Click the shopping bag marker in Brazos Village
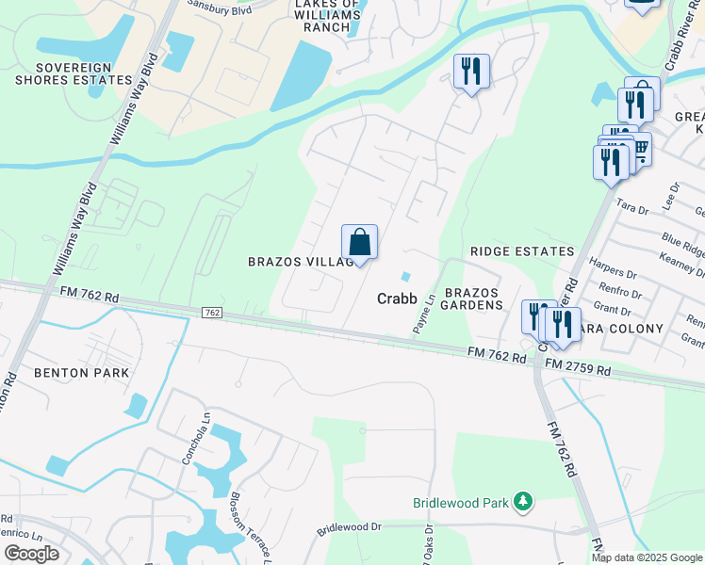(x=359, y=243)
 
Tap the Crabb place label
(x=397, y=298)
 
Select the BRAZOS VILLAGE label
(x=300, y=261)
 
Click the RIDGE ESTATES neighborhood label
(x=522, y=251)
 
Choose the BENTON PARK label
(x=81, y=373)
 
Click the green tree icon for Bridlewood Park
(x=524, y=503)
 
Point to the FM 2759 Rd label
(x=577, y=368)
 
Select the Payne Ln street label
(x=421, y=314)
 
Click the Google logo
(x=31, y=553)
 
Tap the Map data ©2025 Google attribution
(x=647, y=557)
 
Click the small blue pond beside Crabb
(x=405, y=276)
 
